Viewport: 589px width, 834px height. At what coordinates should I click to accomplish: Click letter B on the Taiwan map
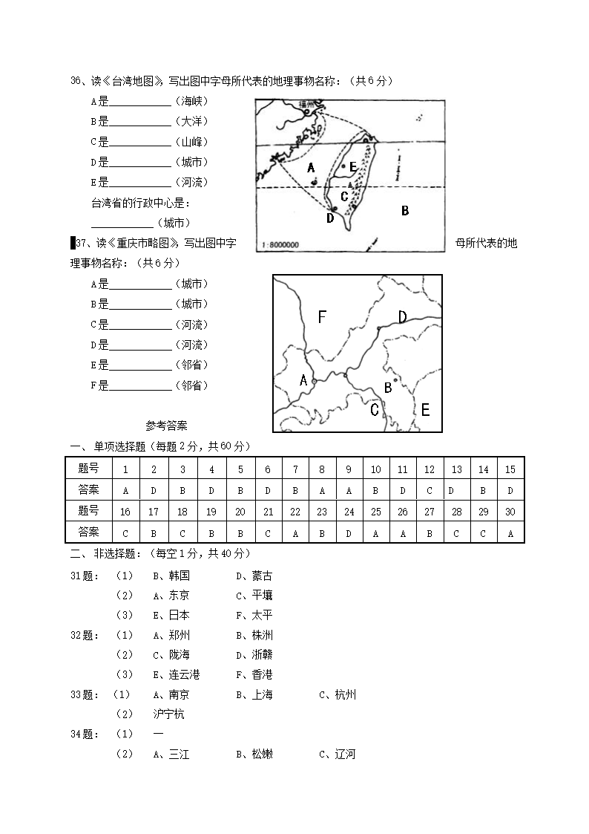pos(405,211)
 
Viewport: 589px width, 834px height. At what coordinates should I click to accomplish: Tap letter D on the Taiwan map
pos(330,218)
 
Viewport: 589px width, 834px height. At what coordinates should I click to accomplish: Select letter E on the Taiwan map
pos(353,167)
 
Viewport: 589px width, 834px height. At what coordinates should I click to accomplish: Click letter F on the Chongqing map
pos(322,317)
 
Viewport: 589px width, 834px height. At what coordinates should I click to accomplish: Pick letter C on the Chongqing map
pos(375,409)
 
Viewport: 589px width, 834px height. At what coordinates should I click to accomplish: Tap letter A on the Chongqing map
pos(303,380)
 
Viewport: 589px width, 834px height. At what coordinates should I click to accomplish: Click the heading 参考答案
pos(167,426)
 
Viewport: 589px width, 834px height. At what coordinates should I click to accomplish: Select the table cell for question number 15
pos(510,469)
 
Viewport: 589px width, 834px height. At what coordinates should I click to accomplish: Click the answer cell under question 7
pos(295,490)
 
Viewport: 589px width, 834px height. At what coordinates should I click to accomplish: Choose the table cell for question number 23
pos(322,512)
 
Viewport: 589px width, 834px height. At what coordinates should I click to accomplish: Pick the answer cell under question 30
pos(510,532)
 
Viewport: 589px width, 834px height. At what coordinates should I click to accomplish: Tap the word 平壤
pos(263,595)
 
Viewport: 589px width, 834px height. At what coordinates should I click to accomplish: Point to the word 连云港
pos(184,674)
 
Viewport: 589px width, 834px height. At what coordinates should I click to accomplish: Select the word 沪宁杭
pos(169,714)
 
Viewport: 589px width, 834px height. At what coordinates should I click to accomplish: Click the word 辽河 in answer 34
pos(345,754)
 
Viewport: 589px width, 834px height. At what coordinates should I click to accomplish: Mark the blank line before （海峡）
pos(140,102)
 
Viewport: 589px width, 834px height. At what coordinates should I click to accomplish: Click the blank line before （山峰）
pos(140,142)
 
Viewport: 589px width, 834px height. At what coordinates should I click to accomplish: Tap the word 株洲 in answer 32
pos(263,635)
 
